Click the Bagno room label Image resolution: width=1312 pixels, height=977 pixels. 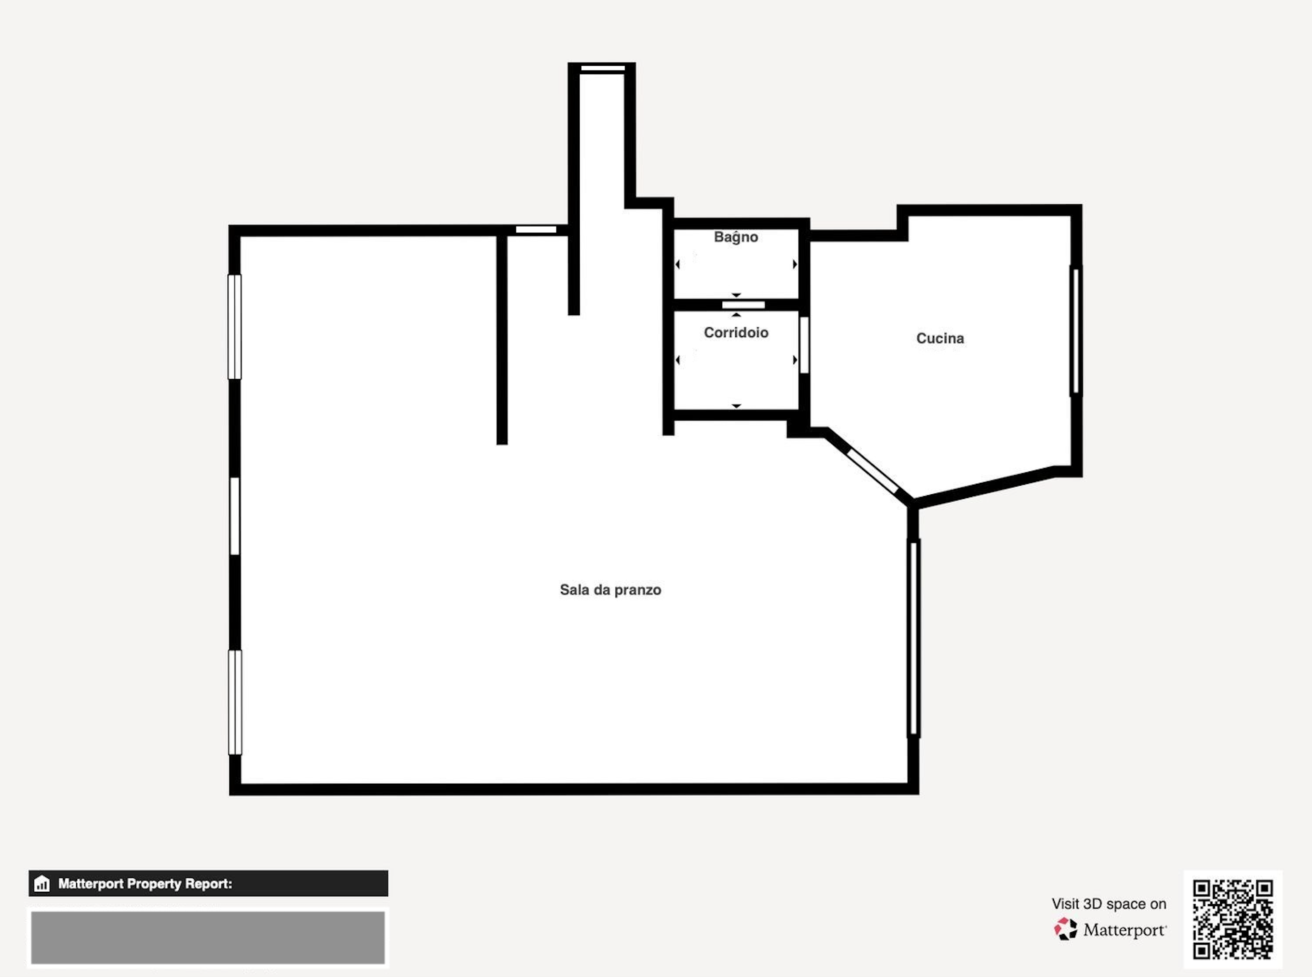(736, 237)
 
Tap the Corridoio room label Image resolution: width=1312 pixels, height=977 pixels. (736, 332)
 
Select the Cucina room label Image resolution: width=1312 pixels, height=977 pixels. (940, 338)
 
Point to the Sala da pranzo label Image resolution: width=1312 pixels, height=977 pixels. (610, 589)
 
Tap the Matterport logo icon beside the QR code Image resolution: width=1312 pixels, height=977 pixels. (1066, 929)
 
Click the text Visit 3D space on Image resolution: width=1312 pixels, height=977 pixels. (1109, 904)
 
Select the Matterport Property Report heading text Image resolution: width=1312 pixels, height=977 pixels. (145, 884)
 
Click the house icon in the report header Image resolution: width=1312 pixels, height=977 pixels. (42, 884)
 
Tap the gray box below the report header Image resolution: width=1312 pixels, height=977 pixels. (208, 937)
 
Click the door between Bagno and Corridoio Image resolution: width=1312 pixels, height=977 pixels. (743, 305)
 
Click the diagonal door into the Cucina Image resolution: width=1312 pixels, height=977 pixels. (874, 471)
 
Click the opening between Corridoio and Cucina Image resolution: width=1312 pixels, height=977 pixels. (804, 345)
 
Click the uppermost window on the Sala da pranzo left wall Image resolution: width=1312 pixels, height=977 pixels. (235, 327)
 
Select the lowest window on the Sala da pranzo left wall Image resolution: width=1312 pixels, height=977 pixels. (235, 702)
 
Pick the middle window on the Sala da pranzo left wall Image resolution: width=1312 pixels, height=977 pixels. (235, 516)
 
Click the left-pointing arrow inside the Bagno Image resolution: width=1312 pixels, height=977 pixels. (677, 264)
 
